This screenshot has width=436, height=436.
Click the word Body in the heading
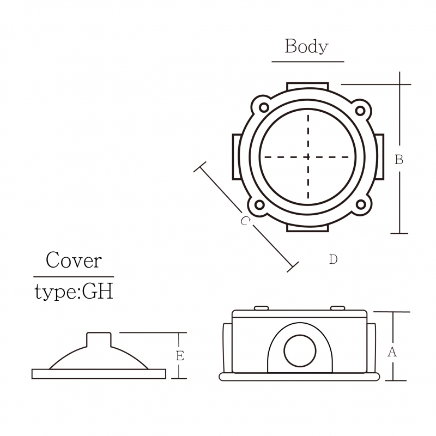(306, 46)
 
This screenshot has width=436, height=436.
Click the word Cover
(74, 261)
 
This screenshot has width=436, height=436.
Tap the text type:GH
(74, 292)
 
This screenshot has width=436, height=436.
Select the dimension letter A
(392, 352)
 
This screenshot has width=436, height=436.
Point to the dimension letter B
(399, 160)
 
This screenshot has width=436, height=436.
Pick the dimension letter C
(245, 221)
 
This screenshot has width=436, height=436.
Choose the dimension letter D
(333, 259)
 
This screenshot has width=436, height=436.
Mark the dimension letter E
(180, 356)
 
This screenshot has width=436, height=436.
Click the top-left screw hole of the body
(264, 107)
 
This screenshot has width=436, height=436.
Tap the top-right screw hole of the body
(360, 111)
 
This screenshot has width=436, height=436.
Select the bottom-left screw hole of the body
(259, 205)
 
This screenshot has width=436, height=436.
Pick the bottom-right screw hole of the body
(361, 205)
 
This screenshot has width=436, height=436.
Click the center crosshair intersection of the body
(308, 157)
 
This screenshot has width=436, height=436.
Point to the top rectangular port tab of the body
(307, 86)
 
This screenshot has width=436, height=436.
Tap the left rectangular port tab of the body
(237, 157)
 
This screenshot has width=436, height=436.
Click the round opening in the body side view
(300, 351)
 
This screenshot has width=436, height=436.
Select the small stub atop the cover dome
(99, 340)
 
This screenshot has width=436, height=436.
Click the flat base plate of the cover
(99, 374)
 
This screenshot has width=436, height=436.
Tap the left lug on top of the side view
(262, 308)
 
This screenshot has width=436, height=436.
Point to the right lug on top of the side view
(337, 308)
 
